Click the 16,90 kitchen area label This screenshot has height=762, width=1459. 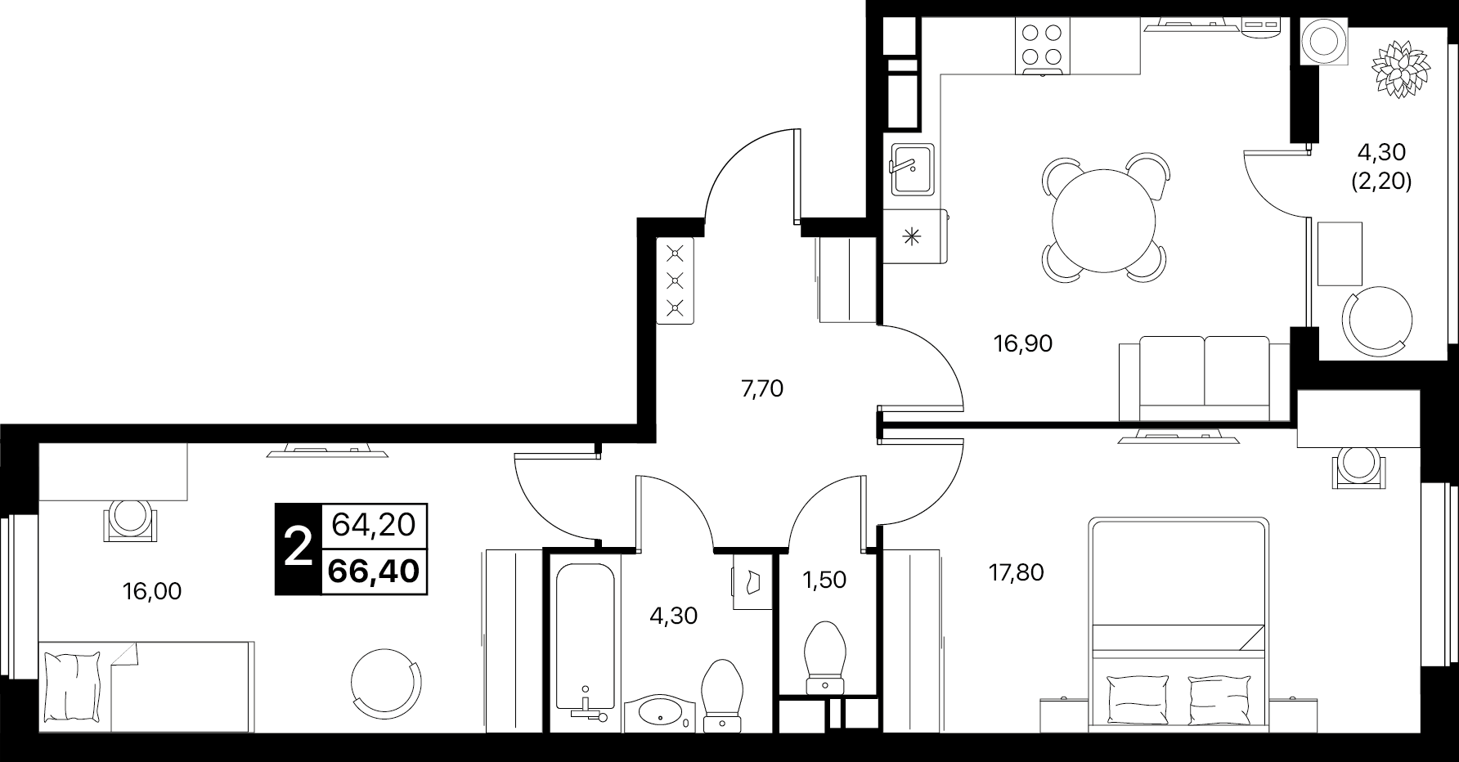tap(1022, 344)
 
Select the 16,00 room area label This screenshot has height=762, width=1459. tap(152, 591)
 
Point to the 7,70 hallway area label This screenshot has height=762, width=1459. tap(762, 389)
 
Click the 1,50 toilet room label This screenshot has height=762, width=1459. tap(825, 580)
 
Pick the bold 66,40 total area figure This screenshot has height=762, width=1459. tap(374, 570)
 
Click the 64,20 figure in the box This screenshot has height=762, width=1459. tap(374, 523)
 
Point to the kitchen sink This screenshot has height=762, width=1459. tap(912, 169)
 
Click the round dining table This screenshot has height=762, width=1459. tap(1104, 219)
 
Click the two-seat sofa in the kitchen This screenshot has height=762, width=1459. tap(1204, 379)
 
